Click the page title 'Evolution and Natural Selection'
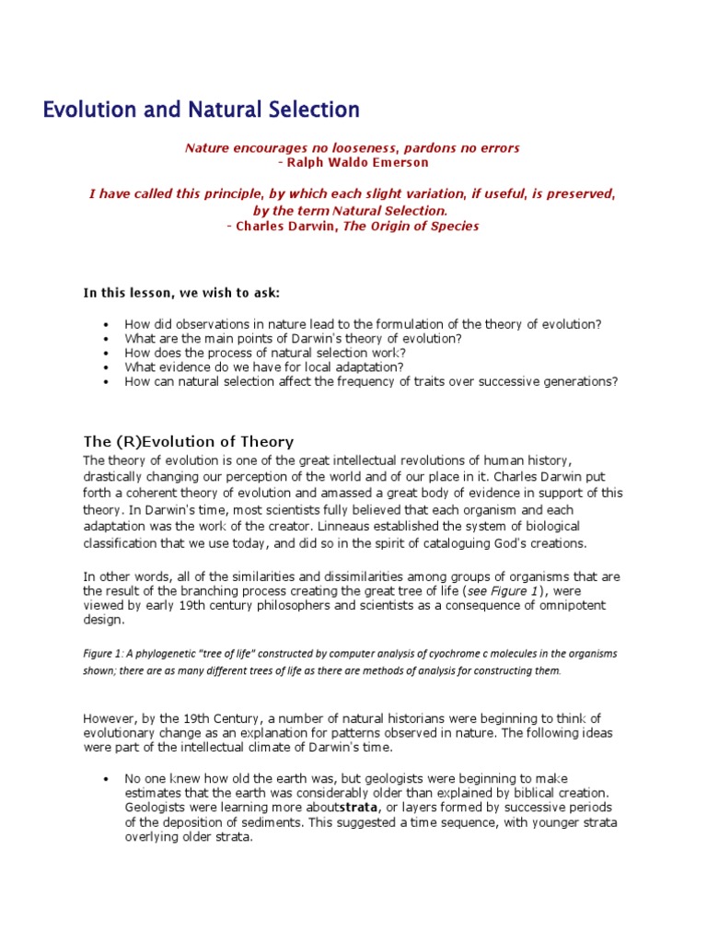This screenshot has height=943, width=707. click(x=201, y=110)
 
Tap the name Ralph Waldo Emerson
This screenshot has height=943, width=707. click(x=346, y=162)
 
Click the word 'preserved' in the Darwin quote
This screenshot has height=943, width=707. click(x=574, y=194)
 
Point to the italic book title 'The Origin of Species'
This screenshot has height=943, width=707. click(x=411, y=226)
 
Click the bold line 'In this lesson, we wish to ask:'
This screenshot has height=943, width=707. click(x=181, y=293)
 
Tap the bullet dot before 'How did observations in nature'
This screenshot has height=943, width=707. click(x=108, y=325)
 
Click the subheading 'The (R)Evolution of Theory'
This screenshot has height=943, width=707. click(x=189, y=441)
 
